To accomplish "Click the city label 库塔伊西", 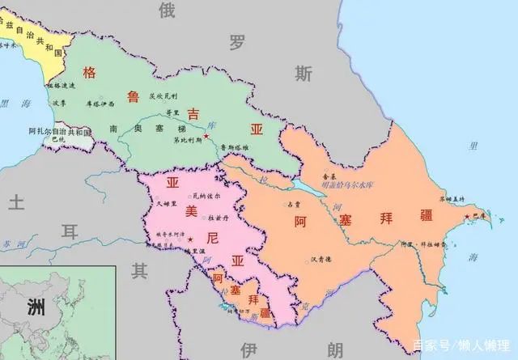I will pos(100,104).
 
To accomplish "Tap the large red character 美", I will pos(191,211).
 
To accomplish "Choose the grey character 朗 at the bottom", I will pos(335,349).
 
